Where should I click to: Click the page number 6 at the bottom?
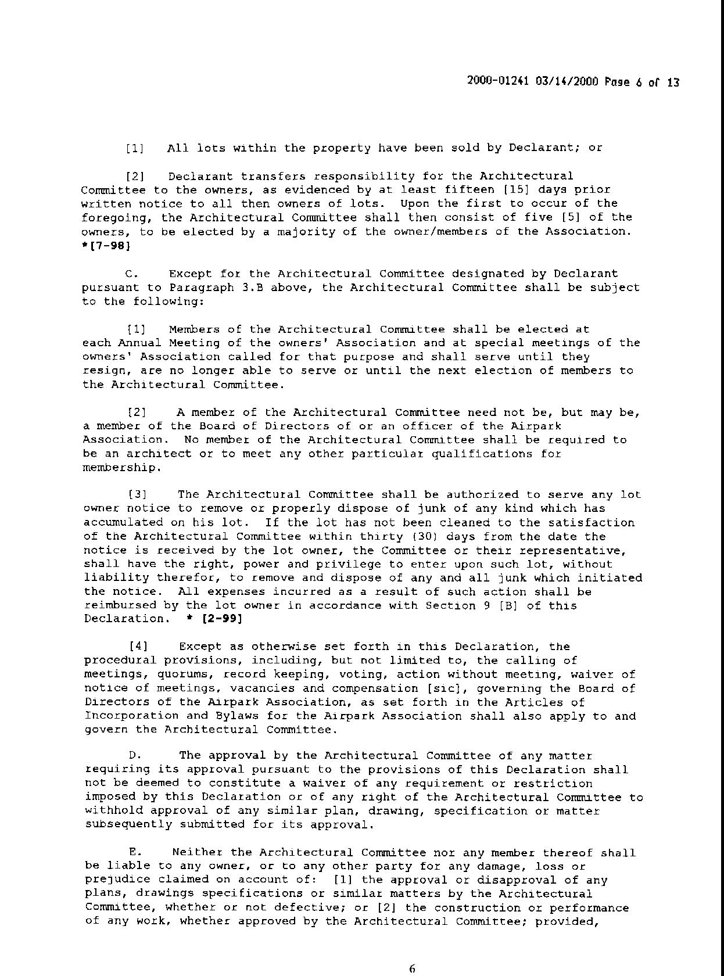(x=412, y=968)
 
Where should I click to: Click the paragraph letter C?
(x=131, y=274)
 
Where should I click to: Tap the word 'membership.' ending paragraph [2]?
(x=119, y=468)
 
